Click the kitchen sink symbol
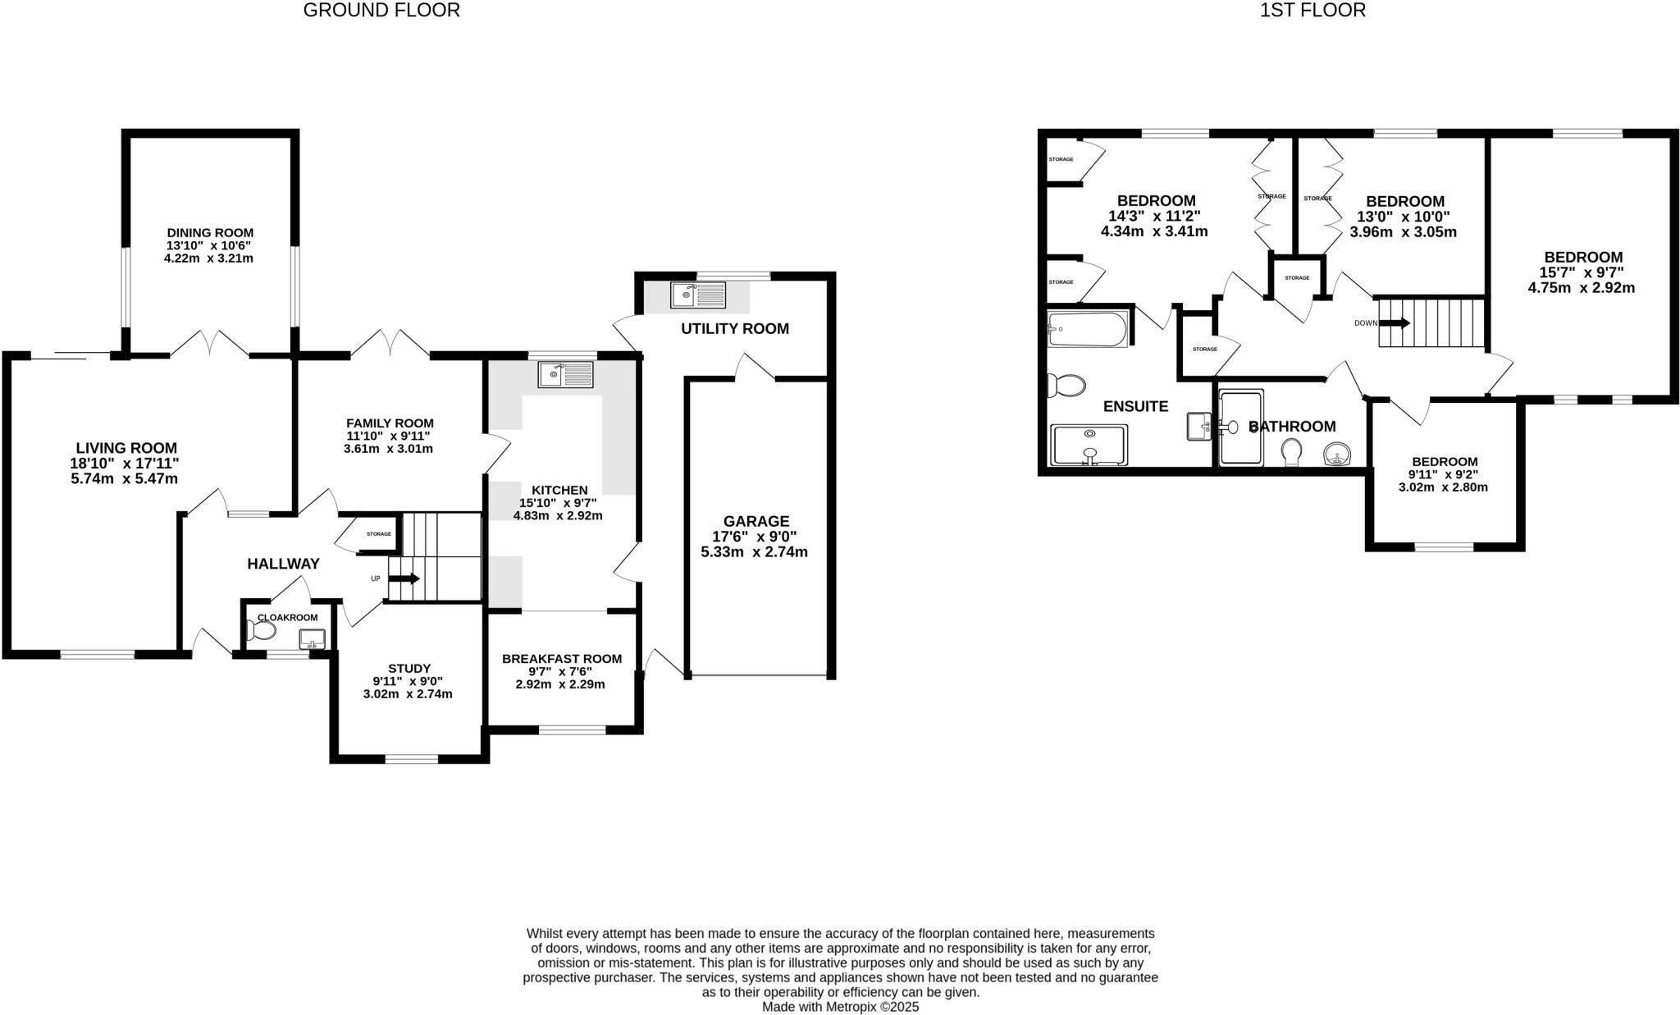pyautogui.click(x=566, y=375)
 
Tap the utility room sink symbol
pyautogui.click(x=698, y=294)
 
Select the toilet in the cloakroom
pyautogui.click(x=262, y=630)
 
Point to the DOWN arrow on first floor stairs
pyautogui.click(x=1394, y=322)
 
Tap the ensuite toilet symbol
pyautogui.click(x=1066, y=384)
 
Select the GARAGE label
pyautogui.click(x=756, y=521)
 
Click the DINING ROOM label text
pyautogui.click(x=210, y=233)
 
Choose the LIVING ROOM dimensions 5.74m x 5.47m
pyautogui.click(x=125, y=478)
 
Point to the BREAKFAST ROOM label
pyautogui.click(x=561, y=659)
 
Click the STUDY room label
pyautogui.click(x=409, y=669)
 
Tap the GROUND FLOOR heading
pyautogui.click(x=381, y=11)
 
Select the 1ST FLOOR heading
pyautogui.click(x=1312, y=11)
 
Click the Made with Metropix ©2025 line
pyautogui.click(x=840, y=1006)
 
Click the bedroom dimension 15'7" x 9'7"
pyautogui.click(x=1582, y=272)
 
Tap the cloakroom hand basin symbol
pyautogui.click(x=312, y=638)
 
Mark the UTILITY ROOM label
pyautogui.click(x=734, y=329)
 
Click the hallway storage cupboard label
pyautogui.click(x=378, y=534)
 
